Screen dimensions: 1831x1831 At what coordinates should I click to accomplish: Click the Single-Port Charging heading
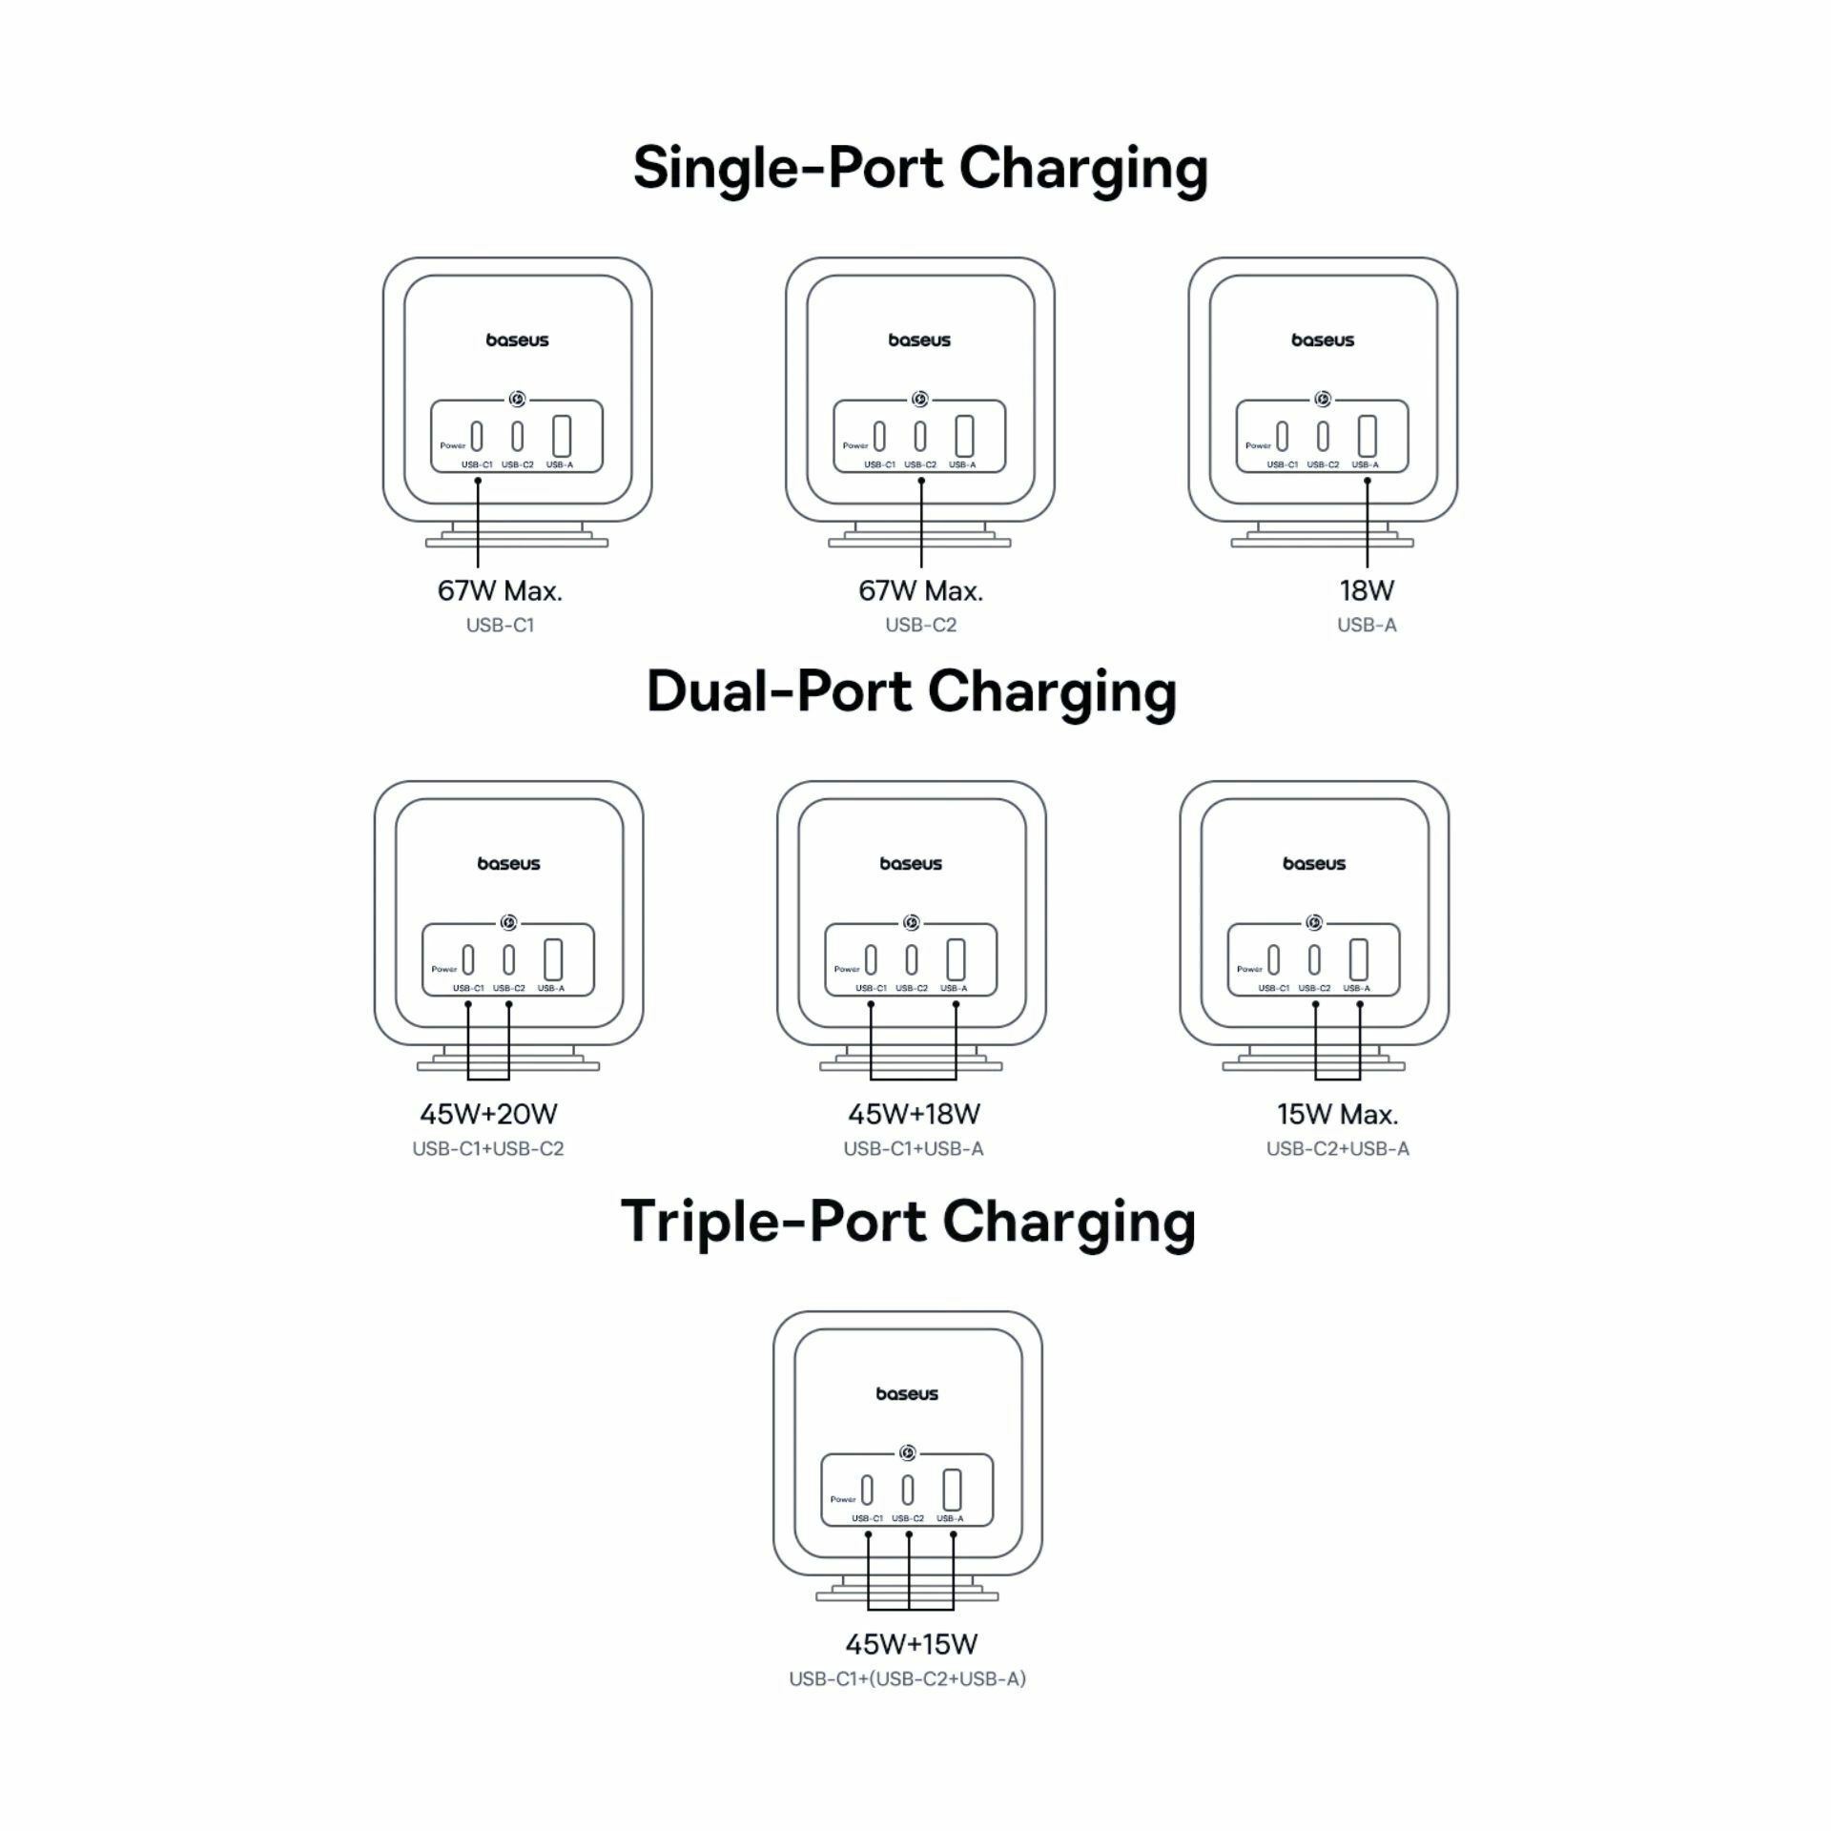(920, 169)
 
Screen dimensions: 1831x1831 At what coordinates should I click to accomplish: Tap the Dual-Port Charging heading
(912, 691)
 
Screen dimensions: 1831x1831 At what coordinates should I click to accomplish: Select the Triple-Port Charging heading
(908, 1223)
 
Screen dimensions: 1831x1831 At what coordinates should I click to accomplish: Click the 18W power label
(1367, 590)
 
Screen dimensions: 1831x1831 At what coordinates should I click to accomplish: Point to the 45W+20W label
(488, 1114)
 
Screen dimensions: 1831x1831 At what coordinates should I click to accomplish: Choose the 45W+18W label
(914, 1114)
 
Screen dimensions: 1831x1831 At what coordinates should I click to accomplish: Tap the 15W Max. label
(1337, 1114)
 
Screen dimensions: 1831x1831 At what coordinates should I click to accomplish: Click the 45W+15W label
(912, 1644)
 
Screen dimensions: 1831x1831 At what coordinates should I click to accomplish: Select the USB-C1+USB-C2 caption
(488, 1149)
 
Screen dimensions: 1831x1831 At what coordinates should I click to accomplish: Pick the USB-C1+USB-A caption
(914, 1149)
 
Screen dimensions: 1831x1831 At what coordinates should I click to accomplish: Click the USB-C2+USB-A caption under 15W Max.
(1337, 1149)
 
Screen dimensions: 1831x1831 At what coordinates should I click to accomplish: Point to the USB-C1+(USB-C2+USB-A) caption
(908, 1679)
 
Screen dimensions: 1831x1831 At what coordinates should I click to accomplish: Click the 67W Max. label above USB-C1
(500, 590)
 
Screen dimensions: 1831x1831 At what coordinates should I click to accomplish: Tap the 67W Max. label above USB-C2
(920, 590)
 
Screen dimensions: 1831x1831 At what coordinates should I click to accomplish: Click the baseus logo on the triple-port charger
(907, 1394)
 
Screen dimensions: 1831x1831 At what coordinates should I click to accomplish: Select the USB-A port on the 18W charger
(1368, 436)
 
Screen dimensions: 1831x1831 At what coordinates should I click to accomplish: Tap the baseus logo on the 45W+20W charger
(508, 864)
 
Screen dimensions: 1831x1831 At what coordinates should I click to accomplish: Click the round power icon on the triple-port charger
(907, 1453)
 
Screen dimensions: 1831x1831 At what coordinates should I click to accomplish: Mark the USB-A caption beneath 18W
(1367, 626)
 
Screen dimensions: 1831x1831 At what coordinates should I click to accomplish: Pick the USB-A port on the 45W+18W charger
(956, 959)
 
